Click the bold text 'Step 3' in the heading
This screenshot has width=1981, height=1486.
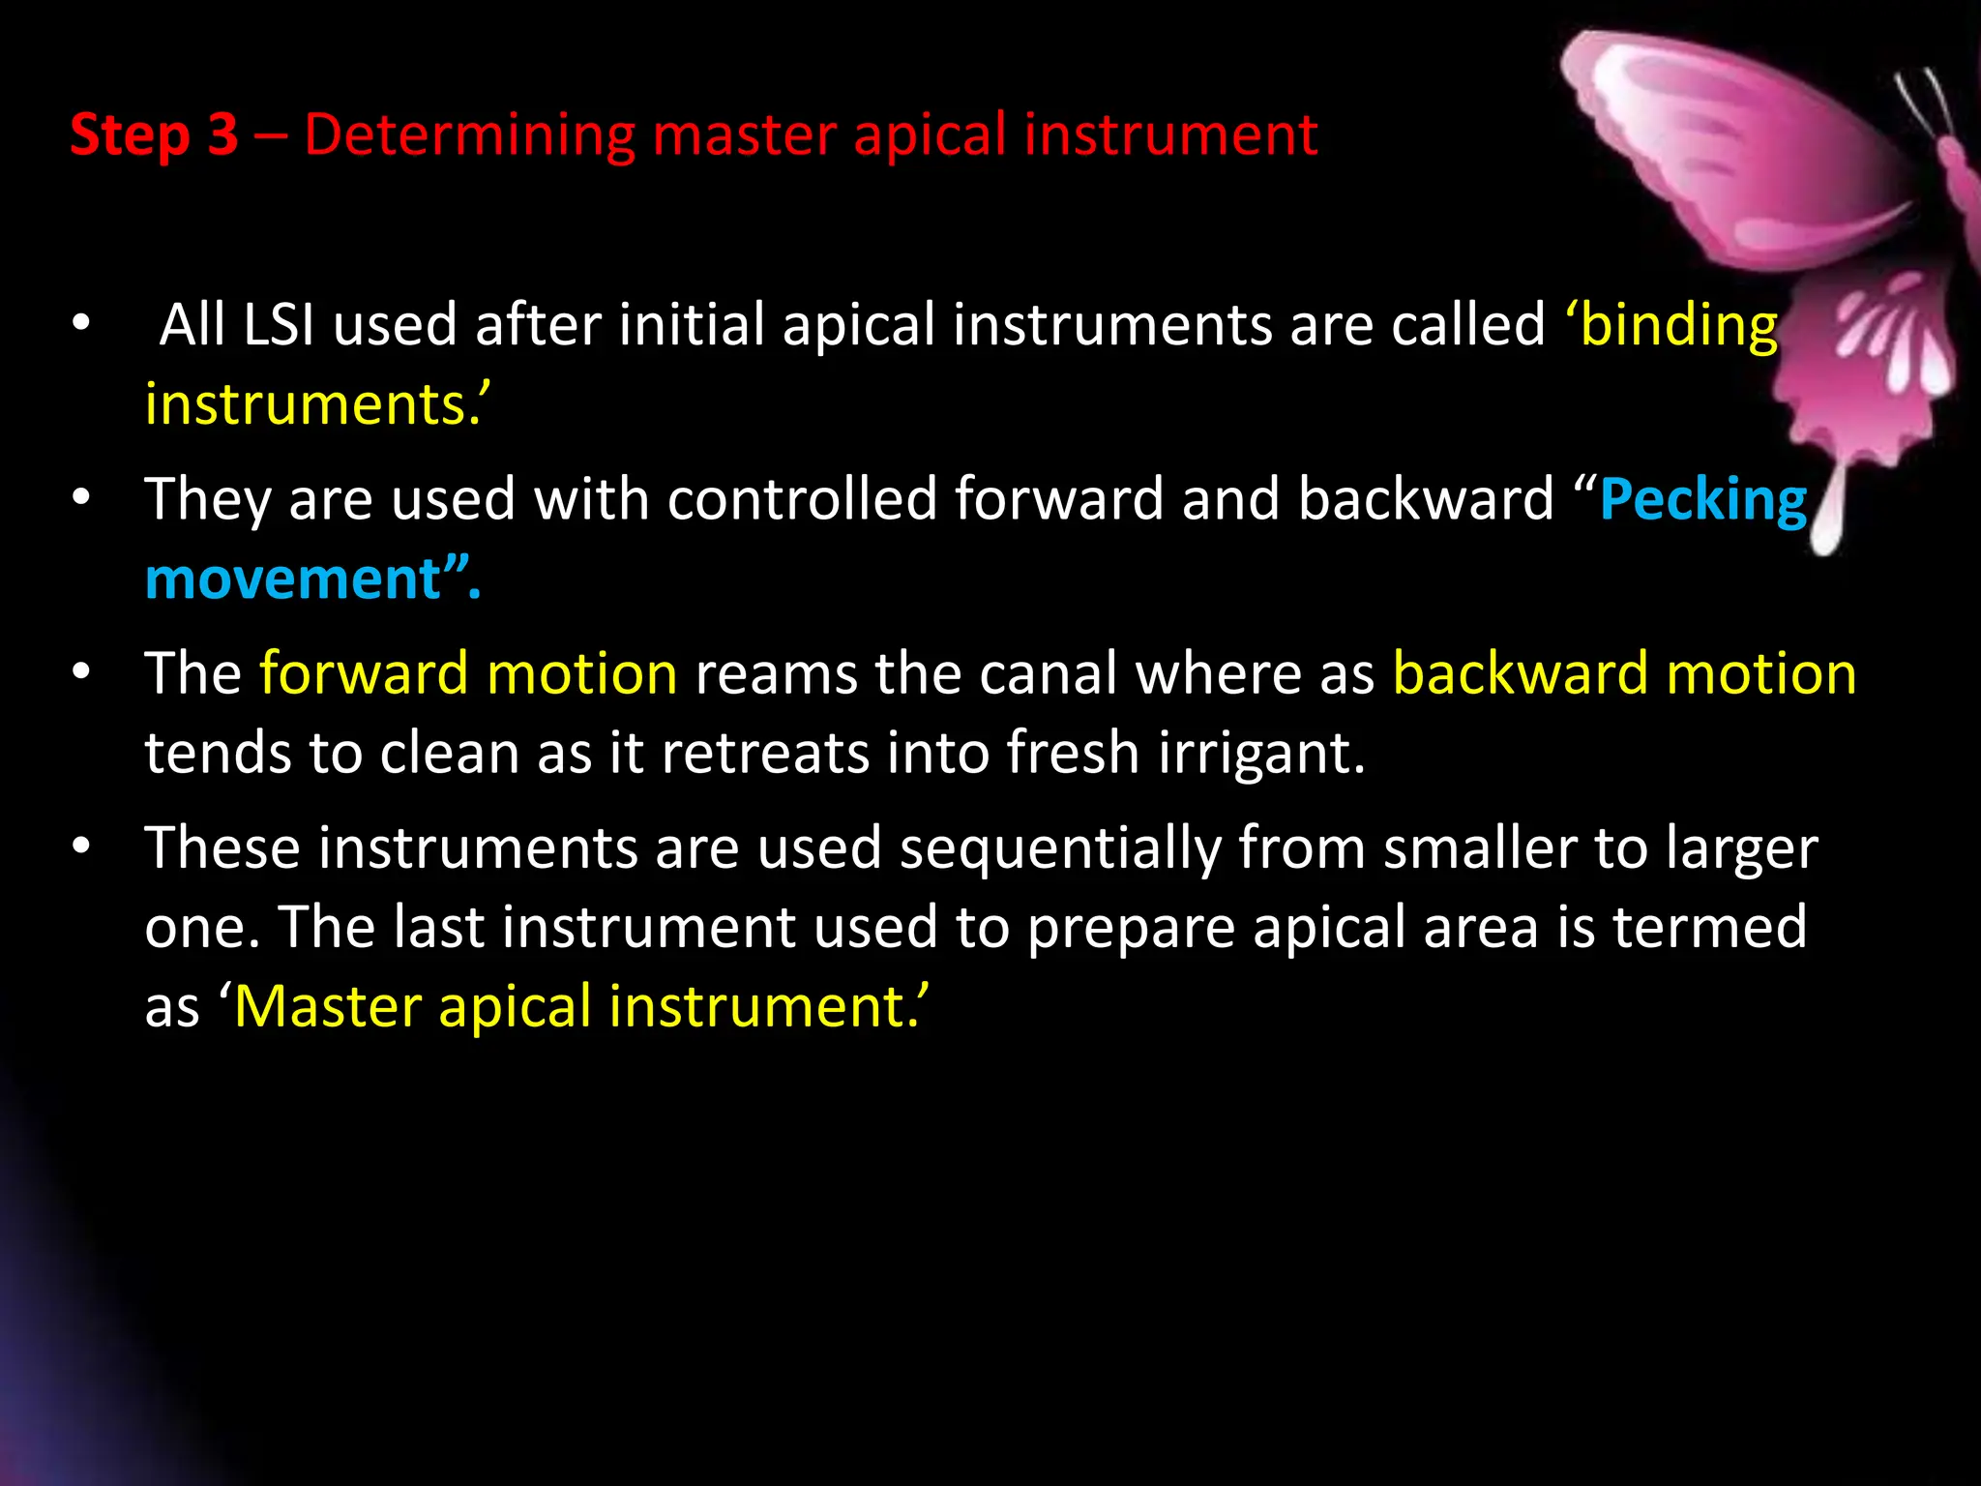[x=154, y=134]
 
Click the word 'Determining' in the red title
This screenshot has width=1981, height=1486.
[x=469, y=134]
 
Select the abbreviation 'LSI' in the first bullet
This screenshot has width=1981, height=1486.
[x=279, y=324]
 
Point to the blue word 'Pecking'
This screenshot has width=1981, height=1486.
[x=1702, y=501]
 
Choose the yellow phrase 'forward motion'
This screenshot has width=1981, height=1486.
[x=468, y=673]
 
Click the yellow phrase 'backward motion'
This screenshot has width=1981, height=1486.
[x=1624, y=673]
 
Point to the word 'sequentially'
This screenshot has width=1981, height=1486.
[x=1060, y=849]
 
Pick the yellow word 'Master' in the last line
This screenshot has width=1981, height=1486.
[x=328, y=1007]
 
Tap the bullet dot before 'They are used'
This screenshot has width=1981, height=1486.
[x=81, y=498]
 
